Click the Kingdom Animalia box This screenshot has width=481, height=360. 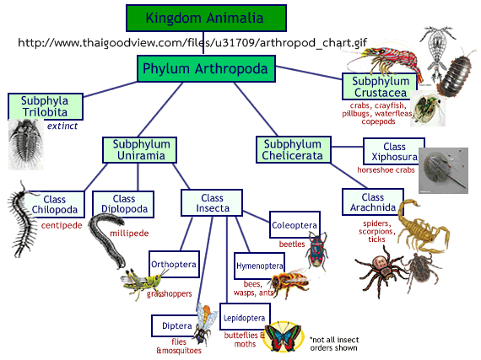(206, 18)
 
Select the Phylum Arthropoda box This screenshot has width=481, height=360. (206, 68)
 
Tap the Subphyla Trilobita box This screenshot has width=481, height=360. (46, 106)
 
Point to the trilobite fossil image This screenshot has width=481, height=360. (26, 144)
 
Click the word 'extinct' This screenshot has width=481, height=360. (62, 126)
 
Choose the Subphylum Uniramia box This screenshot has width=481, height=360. (139, 150)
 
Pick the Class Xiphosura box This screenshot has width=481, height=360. (394, 152)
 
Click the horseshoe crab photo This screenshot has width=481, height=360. (443, 170)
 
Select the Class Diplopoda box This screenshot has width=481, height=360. (123, 204)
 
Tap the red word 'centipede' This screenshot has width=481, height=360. (62, 225)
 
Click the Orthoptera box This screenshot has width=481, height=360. (174, 264)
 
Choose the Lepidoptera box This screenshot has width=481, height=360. (245, 317)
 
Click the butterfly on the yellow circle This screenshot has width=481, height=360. (284, 336)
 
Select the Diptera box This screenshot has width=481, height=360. (176, 325)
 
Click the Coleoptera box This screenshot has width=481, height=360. (295, 224)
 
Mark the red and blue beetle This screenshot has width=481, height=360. (317, 249)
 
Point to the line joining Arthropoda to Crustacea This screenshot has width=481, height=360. (309, 73)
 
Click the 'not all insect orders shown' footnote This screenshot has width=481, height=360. (334, 344)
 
